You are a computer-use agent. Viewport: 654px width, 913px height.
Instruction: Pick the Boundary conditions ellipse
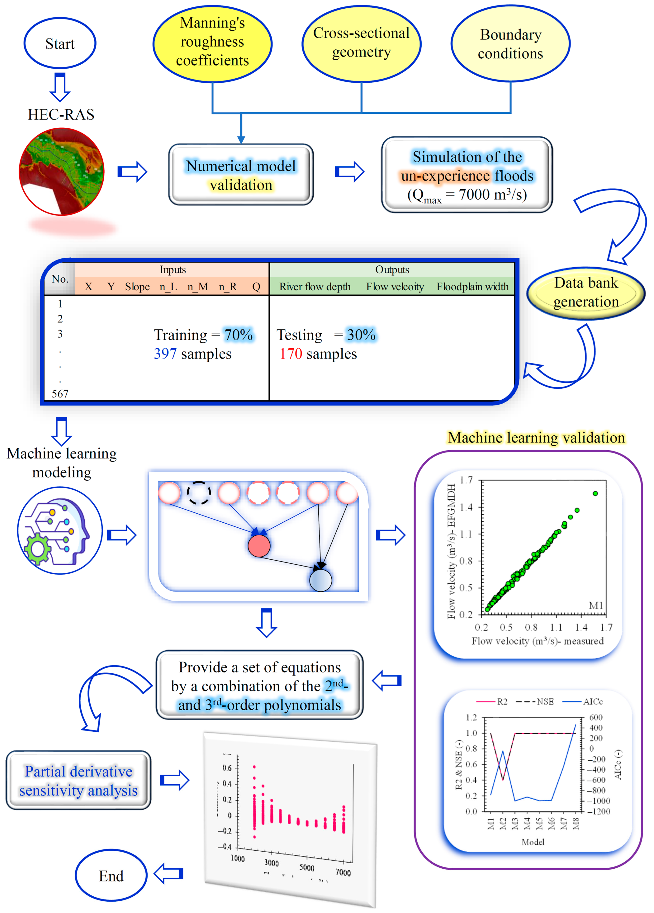[x=510, y=43]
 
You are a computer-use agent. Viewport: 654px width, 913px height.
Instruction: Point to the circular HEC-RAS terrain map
[x=62, y=171]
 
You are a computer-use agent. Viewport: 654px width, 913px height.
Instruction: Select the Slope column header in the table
[x=137, y=287]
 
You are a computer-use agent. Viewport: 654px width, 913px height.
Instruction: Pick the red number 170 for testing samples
[x=291, y=354]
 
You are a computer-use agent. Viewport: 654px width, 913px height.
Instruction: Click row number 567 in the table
[x=60, y=393]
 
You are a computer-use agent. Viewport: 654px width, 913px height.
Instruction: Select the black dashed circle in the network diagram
[x=199, y=493]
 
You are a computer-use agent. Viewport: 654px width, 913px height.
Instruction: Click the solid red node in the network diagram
[x=259, y=546]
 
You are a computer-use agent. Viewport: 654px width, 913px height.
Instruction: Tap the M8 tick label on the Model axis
[x=576, y=823]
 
